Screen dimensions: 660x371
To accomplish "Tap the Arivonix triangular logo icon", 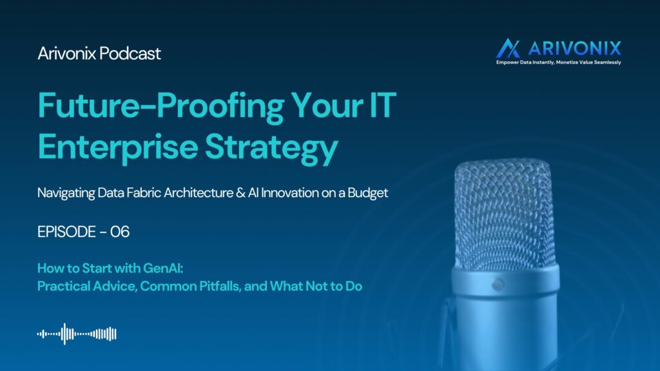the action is [508, 48].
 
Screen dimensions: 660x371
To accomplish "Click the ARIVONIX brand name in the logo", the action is [574, 48].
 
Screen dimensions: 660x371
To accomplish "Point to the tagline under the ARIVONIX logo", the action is [559, 62].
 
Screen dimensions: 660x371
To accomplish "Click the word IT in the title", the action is [383, 105].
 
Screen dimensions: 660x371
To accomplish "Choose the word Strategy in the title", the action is [271, 147].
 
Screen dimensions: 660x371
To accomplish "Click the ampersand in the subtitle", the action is [240, 193].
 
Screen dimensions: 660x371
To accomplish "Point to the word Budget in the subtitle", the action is [367, 193].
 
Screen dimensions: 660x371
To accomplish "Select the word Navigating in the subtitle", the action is [66, 193].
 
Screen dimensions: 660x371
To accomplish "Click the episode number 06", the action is [120, 232].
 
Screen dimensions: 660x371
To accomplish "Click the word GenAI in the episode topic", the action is [163, 268].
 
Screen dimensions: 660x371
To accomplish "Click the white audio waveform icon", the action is [77, 334].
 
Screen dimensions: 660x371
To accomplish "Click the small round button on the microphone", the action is [498, 285].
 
